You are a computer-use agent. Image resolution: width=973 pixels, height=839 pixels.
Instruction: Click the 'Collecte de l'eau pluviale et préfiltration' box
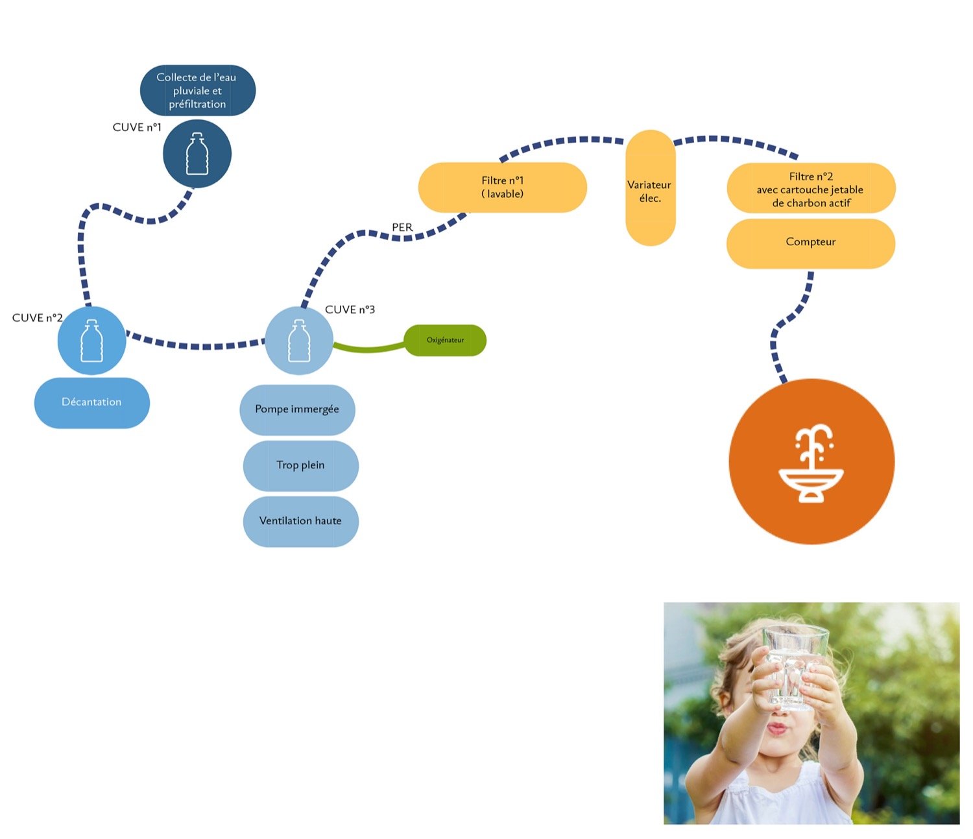(x=198, y=90)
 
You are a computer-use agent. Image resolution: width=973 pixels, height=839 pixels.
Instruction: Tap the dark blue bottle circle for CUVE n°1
(x=197, y=154)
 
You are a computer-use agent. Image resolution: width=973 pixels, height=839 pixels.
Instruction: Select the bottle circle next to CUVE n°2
(x=91, y=341)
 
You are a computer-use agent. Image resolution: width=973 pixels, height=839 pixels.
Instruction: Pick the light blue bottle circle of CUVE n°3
(x=299, y=341)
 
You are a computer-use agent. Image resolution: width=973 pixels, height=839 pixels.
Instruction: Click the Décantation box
(x=91, y=402)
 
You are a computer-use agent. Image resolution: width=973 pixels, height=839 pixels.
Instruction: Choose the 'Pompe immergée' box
(x=297, y=409)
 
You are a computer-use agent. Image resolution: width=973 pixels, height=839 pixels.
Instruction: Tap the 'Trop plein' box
(x=300, y=465)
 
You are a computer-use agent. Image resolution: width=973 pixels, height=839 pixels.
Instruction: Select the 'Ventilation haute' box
(x=300, y=521)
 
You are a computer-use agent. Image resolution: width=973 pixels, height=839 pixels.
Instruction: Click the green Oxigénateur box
(x=445, y=340)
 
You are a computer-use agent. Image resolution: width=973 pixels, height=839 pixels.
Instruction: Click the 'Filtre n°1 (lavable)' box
(x=503, y=188)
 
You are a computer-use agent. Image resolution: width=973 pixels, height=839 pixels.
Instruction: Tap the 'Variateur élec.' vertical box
(x=650, y=188)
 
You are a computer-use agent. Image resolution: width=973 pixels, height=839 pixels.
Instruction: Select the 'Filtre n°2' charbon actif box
(x=811, y=189)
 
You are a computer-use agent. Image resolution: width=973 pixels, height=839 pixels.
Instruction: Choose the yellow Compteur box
(x=811, y=243)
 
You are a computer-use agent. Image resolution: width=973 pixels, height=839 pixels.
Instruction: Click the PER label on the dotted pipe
(x=402, y=227)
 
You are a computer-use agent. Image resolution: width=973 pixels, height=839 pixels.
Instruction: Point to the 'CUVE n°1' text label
(x=137, y=127)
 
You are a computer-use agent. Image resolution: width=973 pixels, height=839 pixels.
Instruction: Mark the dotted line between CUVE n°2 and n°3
(x=195, y=345)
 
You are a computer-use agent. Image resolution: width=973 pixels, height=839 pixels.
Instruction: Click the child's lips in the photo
(x=777, y=728)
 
